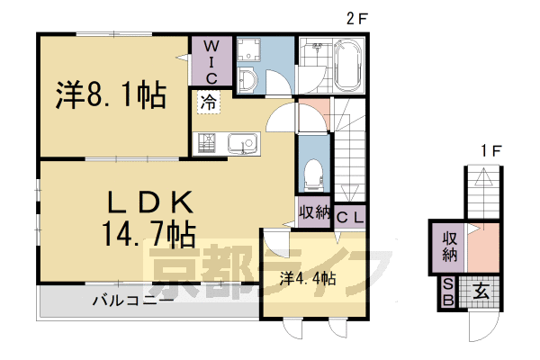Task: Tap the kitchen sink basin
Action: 242,142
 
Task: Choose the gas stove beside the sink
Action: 206,142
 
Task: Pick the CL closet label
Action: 351,216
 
